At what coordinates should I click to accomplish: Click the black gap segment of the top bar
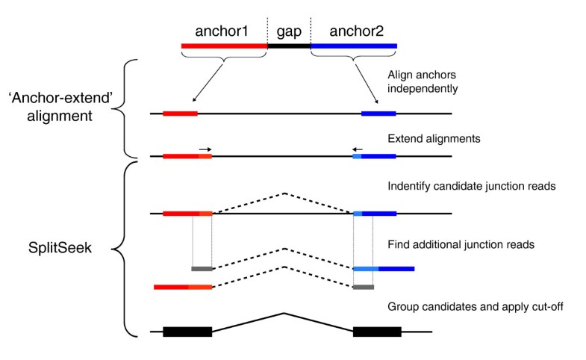[x=289, y=46]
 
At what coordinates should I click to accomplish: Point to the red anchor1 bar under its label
[x=224, y=46]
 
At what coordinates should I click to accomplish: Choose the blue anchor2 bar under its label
[x=354, y=46]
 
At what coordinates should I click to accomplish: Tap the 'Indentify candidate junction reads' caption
[x=470, y=185]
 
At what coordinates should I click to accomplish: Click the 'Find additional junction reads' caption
[x=461, y=244]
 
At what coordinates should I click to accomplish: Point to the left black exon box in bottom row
[x=187, y=331]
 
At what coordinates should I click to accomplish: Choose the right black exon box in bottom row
[x=377, y=331]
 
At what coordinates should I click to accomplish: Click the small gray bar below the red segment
[x=202, y=268]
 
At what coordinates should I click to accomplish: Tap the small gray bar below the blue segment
[x=363, y=287]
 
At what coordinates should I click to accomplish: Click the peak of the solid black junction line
[x=283, y=313]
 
